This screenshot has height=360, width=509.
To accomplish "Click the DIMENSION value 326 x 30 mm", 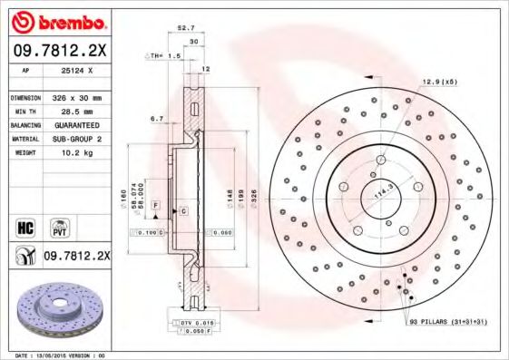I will coord(75,97).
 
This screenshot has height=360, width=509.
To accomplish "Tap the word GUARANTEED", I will coord(76,124).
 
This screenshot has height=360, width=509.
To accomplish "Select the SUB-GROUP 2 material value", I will coord(77,139).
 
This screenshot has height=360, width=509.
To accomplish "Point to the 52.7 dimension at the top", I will coord(188,28).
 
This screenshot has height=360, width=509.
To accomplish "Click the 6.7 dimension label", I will coord(156,119).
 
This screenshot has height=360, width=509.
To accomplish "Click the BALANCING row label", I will coord(24,124).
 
